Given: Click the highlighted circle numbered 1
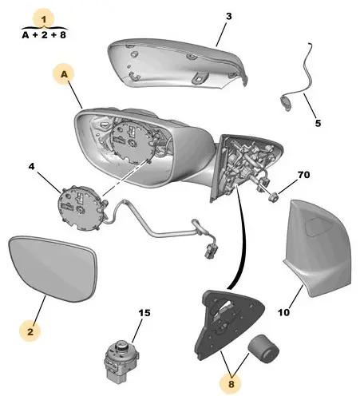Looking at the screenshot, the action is (x=43, y=19).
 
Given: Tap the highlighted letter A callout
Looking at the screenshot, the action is (x=64, y=74).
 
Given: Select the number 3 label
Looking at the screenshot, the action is (x=229, y=17).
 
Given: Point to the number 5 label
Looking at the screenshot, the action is (x=318, y=123).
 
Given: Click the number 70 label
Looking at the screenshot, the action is (x=304, y=175).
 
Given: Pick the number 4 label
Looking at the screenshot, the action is (x=31, y=166).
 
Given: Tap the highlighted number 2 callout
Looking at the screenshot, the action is (x=30, y=331).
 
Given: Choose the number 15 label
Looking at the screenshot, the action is (x=144, y=313).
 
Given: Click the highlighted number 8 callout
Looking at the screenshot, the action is (x=231, y=384).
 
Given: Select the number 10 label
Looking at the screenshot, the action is (x=283, y=312).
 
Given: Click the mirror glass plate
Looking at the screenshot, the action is (x=53, y=268).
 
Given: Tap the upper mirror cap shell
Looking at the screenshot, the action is (x=177, y=63).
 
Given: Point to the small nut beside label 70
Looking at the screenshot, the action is (x=272, y=197).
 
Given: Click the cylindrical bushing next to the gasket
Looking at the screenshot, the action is (x=263, y=349).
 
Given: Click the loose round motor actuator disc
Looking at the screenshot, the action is (x=81, y=208).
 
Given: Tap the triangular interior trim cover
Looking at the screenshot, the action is (x=317, y=248).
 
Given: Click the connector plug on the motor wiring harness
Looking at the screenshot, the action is (x=211, y=251).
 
